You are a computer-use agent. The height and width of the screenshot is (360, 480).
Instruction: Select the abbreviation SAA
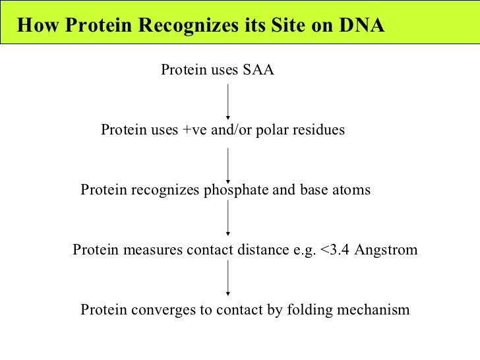pyautogui.click(x=258, y=71)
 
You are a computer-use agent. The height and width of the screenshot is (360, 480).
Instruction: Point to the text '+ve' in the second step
pyautogui.click(x=194, y=130)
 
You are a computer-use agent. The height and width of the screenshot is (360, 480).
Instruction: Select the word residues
pyautogui.click(x=319, y=130)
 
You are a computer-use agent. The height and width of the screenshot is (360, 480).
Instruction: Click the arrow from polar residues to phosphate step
pyautogui.click(x=228, y=164)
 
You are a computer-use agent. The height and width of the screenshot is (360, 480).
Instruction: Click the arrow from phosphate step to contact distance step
pyautogui.click(x=228, y=218)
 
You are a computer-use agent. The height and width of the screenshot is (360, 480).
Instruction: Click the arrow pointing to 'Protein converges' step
pyautogui.click(x=228, y=278)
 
